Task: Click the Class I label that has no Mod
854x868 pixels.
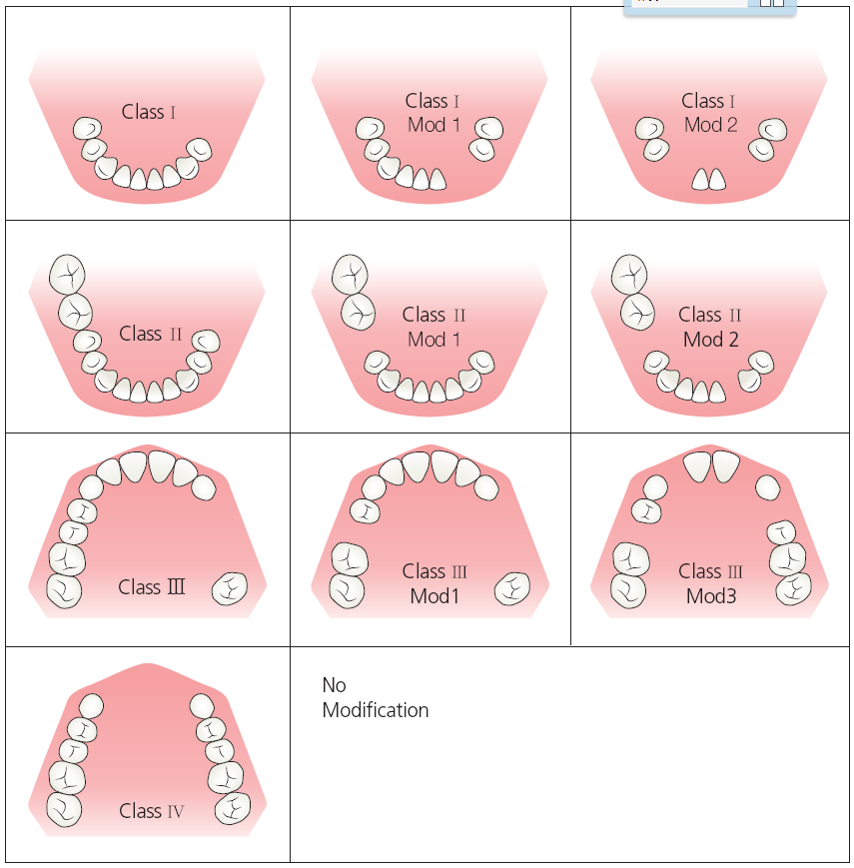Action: coord(148,112)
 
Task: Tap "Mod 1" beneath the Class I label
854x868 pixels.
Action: coord(434,126)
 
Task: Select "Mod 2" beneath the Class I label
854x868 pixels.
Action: coord(710,126)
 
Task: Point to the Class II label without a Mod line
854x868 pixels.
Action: coord(150,334)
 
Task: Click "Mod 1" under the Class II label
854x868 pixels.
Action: coord(434,340)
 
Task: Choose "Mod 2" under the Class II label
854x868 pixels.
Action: coord(710,340)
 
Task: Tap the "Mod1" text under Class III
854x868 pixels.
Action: coord(434,596)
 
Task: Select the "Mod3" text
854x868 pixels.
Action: coord(710,596)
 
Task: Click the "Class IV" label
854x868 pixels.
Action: coord(151,811)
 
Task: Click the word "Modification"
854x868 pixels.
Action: coord(376,710)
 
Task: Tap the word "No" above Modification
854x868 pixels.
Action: coord(334,685)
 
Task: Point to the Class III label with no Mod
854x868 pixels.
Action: coord(152,587)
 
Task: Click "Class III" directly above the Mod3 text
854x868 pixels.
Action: coord(710,571)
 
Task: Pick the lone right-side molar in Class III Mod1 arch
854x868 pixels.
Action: coord(512,588)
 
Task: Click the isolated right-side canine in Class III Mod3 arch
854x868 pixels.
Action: coord(767,487)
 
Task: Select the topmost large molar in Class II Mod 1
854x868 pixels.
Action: coord(351,272)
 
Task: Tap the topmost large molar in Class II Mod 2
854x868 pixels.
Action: coord(629,272)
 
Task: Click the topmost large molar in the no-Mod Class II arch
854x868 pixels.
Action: coord(67,272)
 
